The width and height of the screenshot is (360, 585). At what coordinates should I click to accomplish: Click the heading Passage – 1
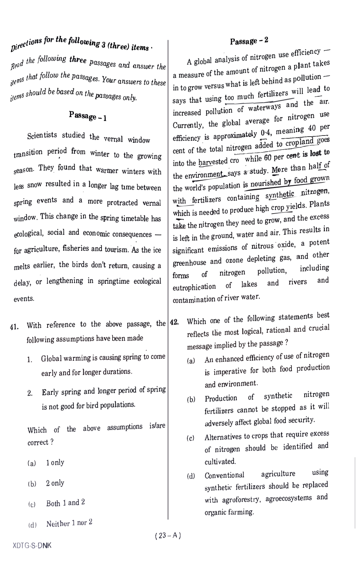pyautogui.click(x=88, y=116)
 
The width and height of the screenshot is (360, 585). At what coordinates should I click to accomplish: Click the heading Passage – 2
pyautogui.click(x=249, y=41)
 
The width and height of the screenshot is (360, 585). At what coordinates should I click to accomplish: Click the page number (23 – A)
pyautogui.click(x=168, y=536)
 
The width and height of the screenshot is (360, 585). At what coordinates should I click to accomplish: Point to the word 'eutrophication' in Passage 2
pyautogui.click(x=194, y=287)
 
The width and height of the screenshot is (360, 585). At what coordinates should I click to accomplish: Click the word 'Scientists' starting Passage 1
pyautogui.click(x=42, y=136)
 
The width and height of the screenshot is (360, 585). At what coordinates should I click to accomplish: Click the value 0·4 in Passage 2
pyautogui.click(x=265, y=134)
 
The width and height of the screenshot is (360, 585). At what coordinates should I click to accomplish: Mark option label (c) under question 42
pyautogui.click(x=191, y=438)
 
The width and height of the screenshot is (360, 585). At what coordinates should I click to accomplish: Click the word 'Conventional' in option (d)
pyautogui.click(x=224, y=475)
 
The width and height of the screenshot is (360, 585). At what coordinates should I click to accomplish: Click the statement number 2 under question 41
pyautogui.click(x=30, y=393)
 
